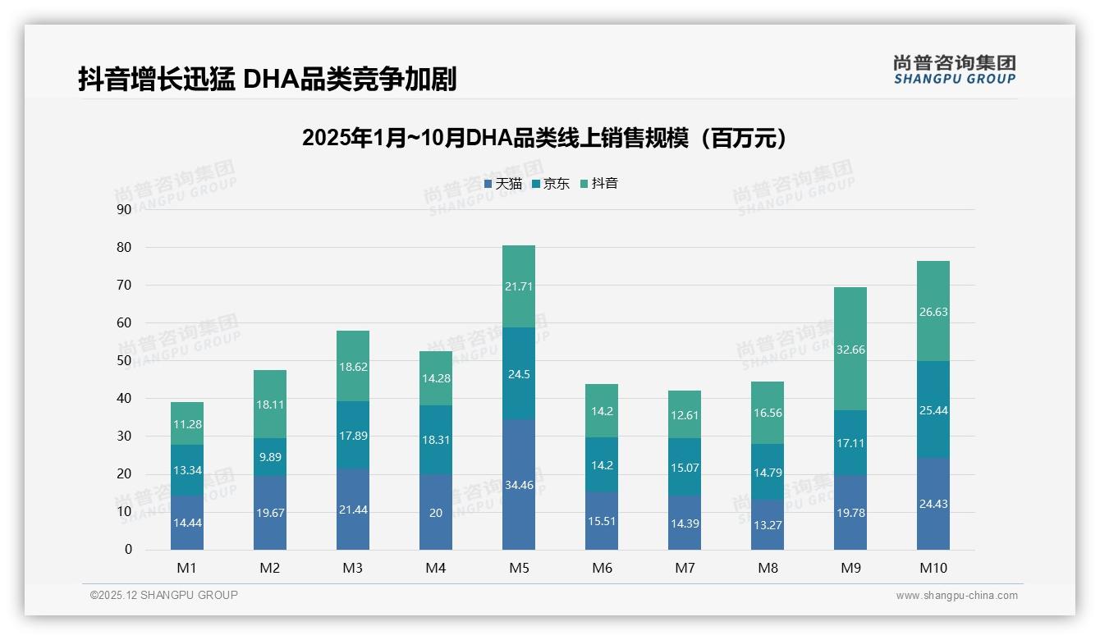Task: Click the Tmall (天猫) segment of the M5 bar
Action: click(x=518, y=484)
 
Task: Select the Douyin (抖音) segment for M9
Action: click(x=850, y=349)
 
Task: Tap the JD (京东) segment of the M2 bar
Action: click(x=270, y=456)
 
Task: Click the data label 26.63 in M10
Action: click(x=933, y=312)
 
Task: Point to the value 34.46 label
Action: click(x=518, y=485)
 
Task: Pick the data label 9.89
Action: click(x=270, y=457)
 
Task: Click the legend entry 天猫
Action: click(x=503, y=184)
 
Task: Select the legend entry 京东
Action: click(x=550, y=184)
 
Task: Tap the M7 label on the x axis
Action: click(x=685, y=568)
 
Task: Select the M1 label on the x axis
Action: click(x=186, y=568)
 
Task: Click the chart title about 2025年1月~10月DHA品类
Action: click(x=544, y=138)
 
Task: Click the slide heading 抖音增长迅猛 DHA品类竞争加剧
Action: click(x=267, y=79)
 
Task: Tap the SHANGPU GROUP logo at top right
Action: click(x=954, y=70)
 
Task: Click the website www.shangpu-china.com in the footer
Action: click(x=956, y=596)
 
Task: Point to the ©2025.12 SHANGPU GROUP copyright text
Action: click(x=164, y=596)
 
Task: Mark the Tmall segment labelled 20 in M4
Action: click(x=435, y=512)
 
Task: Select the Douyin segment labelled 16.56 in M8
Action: click(x=767, y=413)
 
